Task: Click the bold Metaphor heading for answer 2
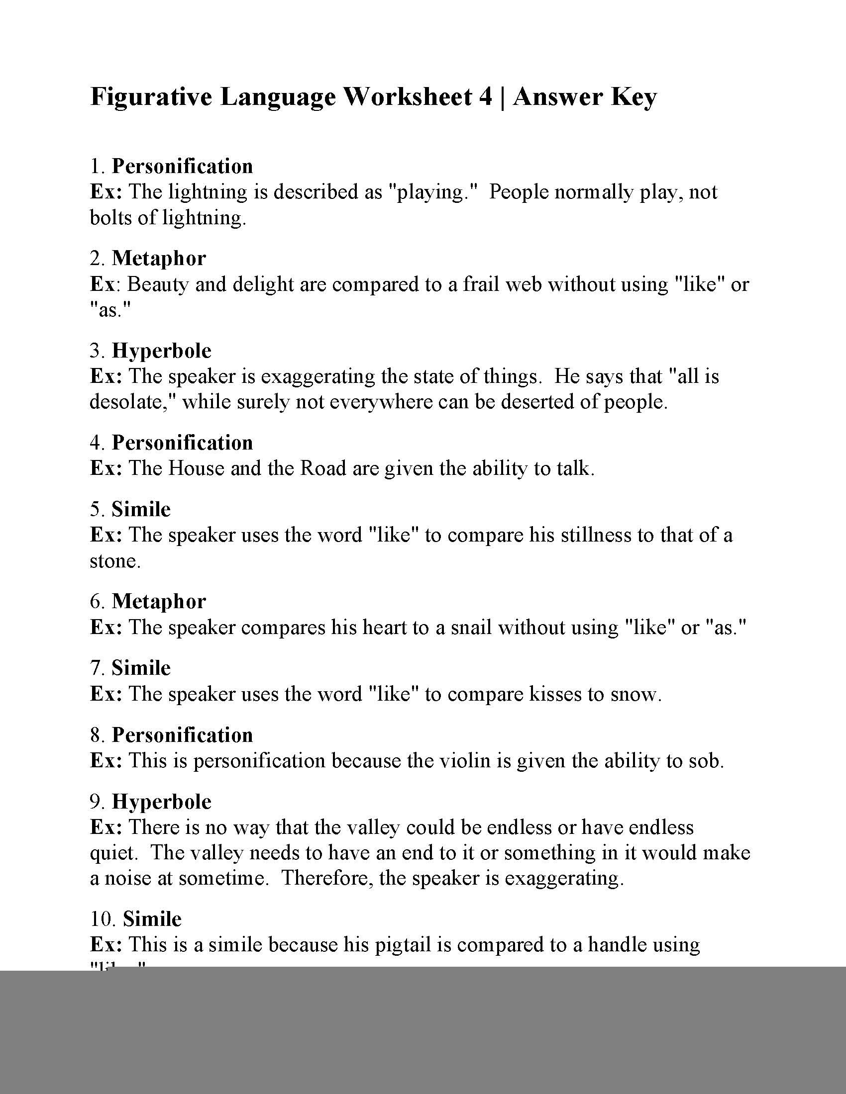(158, 259)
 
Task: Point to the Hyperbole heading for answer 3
(161, 351)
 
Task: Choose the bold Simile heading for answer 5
(141, 509)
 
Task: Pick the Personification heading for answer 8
(182, 735)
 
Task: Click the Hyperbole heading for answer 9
(161, 802)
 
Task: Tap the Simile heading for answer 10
(152, 919)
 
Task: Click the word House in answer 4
(196, 468)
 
